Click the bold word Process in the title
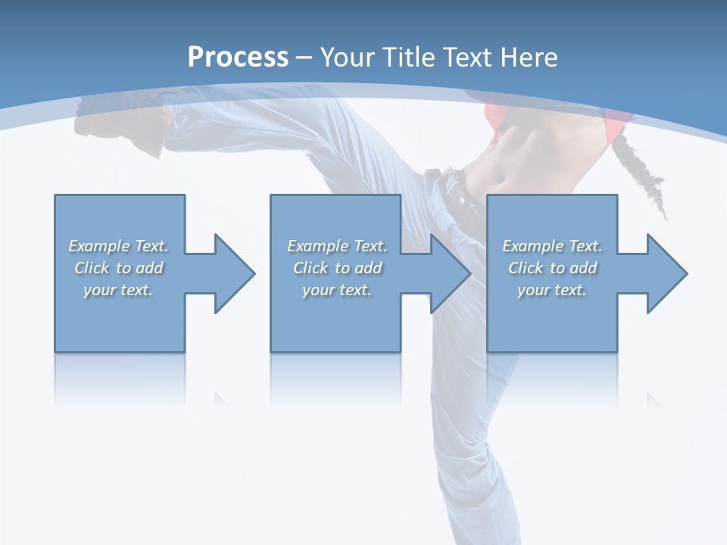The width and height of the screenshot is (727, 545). [x=238, y=58]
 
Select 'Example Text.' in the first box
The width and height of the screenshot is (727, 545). [x=118, y=246]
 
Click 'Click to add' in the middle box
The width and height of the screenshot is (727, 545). [x=337, y=268]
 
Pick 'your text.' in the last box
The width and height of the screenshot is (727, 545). [x=552, y=290]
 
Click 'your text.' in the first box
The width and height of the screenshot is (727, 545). [x=118, y=290]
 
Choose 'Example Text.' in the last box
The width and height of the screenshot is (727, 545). [x=552, y=246]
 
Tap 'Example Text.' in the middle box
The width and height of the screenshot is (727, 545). [x=337, y=246]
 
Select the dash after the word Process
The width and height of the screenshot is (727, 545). [x=304, y=58]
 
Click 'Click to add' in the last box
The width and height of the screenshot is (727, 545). [x=552, y=268]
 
